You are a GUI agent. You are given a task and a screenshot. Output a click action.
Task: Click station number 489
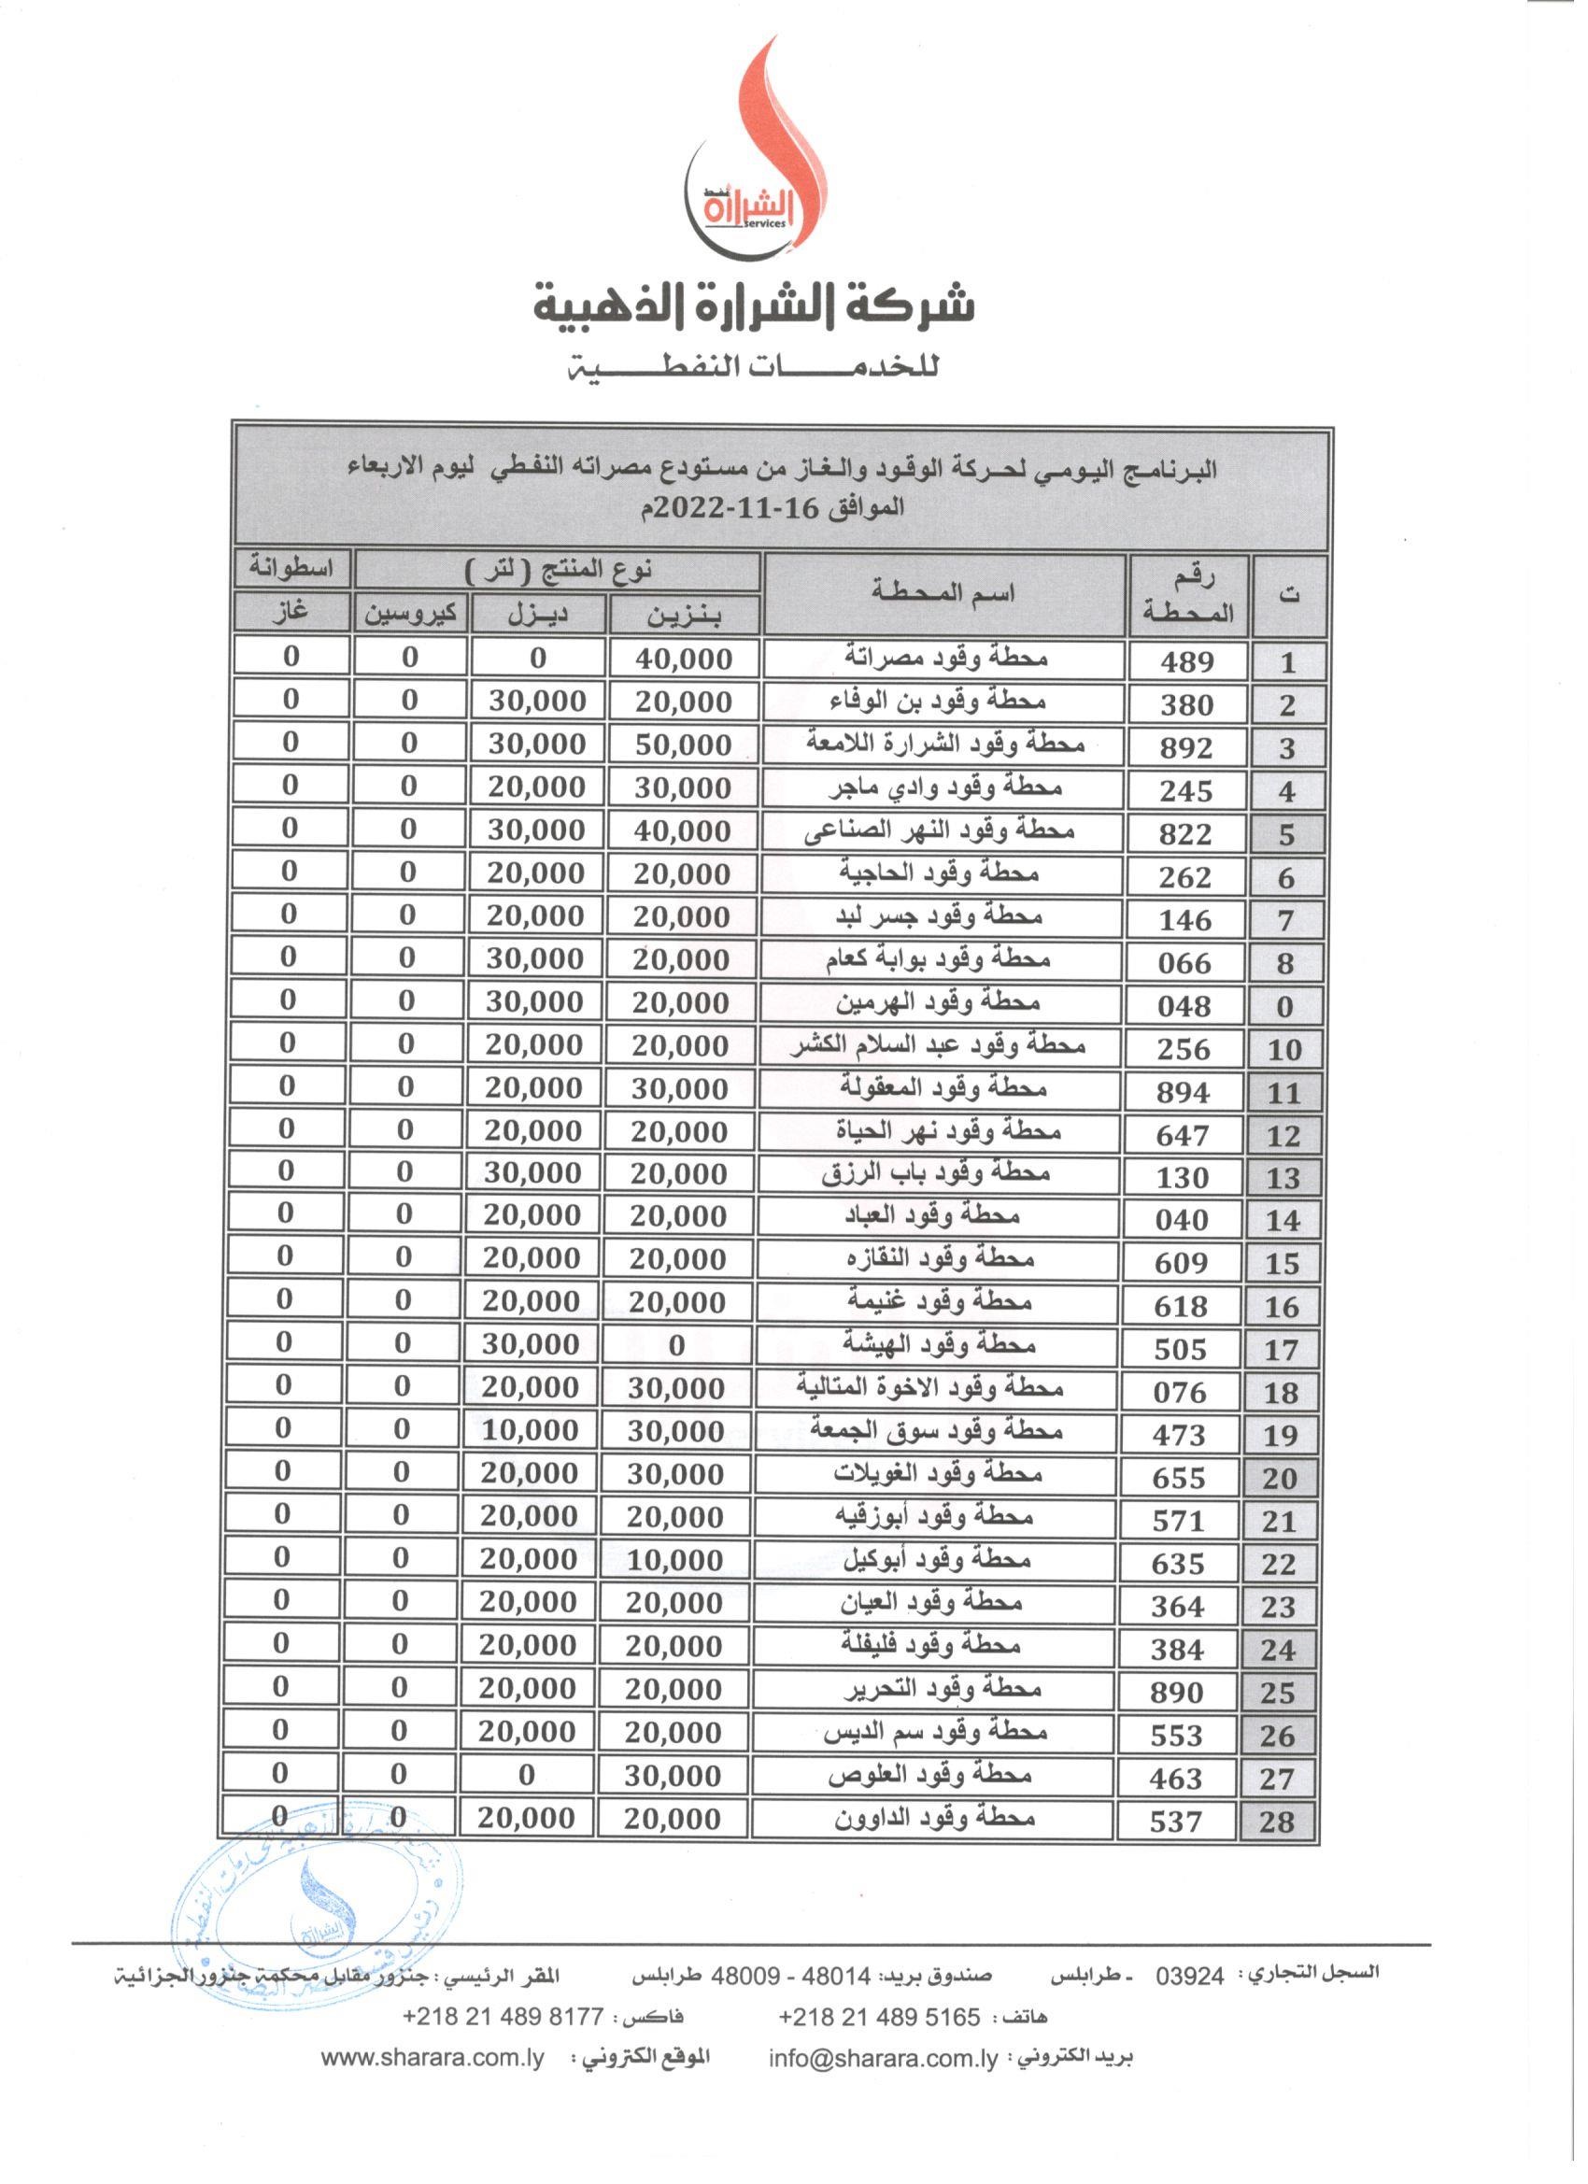coord(1186,661)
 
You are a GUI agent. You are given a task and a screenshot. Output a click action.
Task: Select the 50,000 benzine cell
coord(684,745)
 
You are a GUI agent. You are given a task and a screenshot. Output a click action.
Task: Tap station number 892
coord(1186,747)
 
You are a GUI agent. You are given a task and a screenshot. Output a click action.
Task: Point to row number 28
coord(1276,1822)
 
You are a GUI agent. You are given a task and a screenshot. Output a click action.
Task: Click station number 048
coord(1184,1006)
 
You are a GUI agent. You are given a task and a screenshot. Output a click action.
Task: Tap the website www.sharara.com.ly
coord(432,2058)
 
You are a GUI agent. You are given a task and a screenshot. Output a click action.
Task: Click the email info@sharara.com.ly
coord(882,2058)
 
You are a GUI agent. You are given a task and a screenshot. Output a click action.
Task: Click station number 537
coord(1177,1822)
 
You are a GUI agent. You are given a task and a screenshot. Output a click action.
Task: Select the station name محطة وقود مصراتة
coord(944,659)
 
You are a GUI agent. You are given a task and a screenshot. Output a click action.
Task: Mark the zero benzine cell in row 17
coord(676,1346)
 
